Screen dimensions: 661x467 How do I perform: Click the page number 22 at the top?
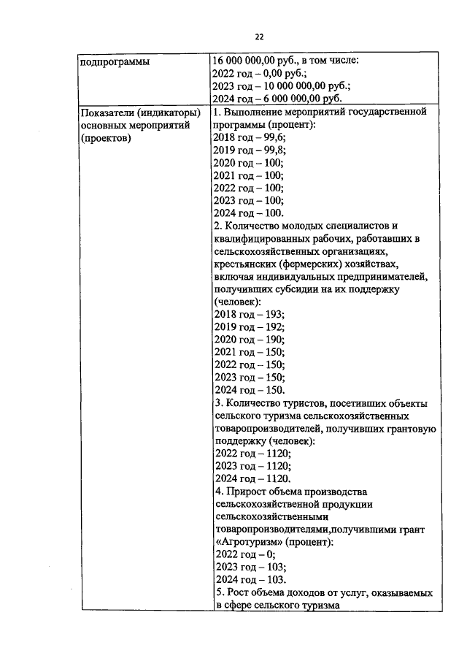click(x=259, y=37)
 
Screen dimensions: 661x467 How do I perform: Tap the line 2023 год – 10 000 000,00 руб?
click(x=281, y=86)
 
